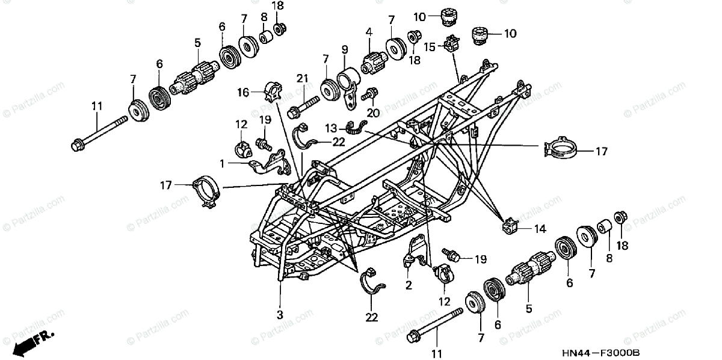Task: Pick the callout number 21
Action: point(303,78)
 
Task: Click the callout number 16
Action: point(243,92)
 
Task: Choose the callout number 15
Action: point(430,46)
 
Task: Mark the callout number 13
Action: point(330,128)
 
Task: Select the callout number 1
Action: point(222,163)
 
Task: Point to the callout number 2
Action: point(409,285)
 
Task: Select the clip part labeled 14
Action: point(510,226)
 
